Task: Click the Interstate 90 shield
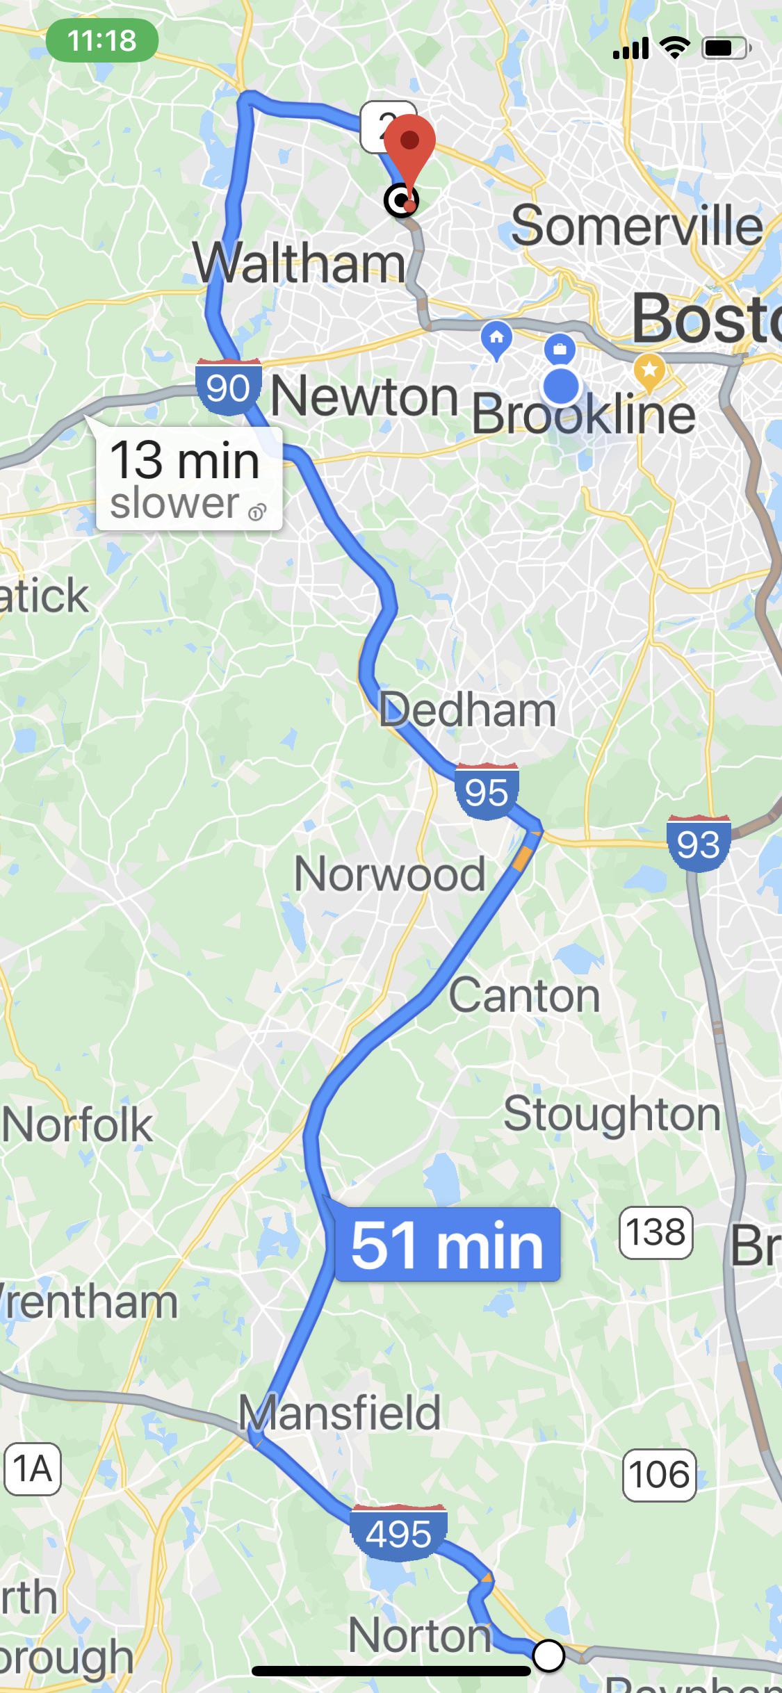[x=229, y=386]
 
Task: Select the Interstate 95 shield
[x=487, y=791]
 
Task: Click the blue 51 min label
[x=447, y=1245]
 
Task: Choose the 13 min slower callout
[x=188, y=479]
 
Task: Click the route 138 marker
[x=655, y=1233]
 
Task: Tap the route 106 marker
[x=659, y=1475]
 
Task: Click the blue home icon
[x=496, y=339]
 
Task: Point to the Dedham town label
[x=467, y=710]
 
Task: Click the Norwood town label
[x=389, y=874]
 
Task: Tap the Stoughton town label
[x=612, y=1114]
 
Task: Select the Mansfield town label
[x=339, y=1412]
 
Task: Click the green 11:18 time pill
[x=102, y=41]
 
